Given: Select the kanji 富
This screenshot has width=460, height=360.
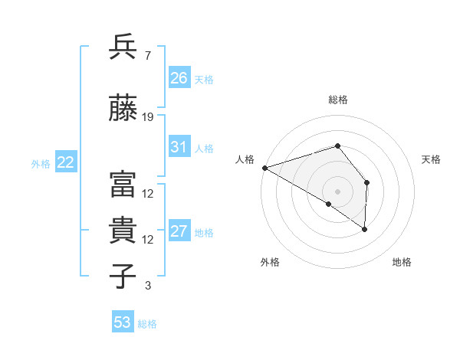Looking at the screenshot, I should pyautogui.click(x=123, y=185).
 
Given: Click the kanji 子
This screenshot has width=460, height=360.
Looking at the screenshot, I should pyautogui.click(x=123, y=277).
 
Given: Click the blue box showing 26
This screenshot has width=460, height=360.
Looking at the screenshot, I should pyautogui.click(x=179, y=78).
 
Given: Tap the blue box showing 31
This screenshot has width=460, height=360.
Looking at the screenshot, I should pyautogui.click(x=179, y=147).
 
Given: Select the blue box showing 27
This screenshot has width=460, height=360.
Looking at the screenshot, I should pyautogui.click(x=179, y=231).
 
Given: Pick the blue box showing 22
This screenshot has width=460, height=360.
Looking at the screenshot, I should pyautogui.click(x=66, y=162).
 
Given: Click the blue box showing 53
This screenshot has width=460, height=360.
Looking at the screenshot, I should pyautogui.click(x=123, y=322).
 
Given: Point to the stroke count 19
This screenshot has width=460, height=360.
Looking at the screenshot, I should pyautogui.click(x=148, y=117).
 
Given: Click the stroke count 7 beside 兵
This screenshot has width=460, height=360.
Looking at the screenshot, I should pyautogui.click(x=147, y=56).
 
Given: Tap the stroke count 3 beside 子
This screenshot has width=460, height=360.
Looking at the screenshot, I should pyautogui.click(x=147, y=286).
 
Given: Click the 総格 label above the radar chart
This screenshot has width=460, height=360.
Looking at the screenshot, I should pyautogui.click(x=338, y=100).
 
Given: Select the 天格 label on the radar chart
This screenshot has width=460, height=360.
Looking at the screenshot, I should pyautogui.click(x=432, y=159).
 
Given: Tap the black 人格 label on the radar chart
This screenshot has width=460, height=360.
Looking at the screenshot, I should pyautogui.click(x=245, y=159).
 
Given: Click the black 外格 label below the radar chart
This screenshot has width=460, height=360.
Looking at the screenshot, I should pyautogui.click(x=270, y=263).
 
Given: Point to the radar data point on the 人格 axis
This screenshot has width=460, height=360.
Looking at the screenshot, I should pyautogui.click(x=264, y=168).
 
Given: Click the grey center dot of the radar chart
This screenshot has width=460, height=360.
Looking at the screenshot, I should pyautogui.click(x=337, y=191).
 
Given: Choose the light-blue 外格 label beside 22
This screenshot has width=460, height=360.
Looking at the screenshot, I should pyautogui.click(x=40, y=163).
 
